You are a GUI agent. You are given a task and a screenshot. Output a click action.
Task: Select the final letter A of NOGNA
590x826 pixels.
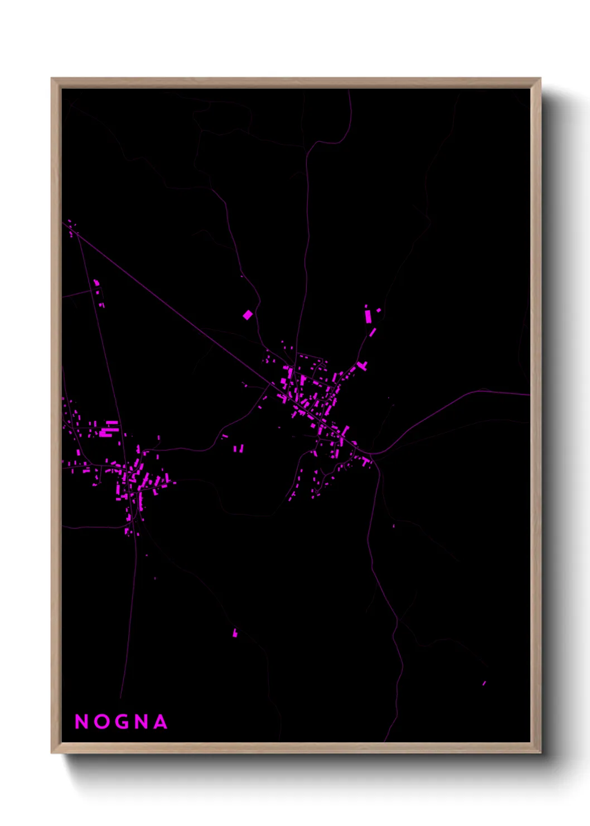[x=160, y=722]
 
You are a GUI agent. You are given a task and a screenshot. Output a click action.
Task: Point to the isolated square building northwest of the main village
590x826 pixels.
[x=248, y=315]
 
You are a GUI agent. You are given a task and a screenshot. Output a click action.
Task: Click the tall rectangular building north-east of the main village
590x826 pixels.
[x=368, y=315]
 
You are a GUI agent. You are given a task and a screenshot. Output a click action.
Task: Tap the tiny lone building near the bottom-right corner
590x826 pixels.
[x=484, y=683]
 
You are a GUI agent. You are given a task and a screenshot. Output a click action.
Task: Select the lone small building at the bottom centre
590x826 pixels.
[x=235, y=632]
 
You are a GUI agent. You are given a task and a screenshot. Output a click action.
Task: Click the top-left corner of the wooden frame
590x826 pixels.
[x=52, y=79]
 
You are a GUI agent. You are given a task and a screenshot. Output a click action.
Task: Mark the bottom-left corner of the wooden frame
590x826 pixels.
[x=52, y=752]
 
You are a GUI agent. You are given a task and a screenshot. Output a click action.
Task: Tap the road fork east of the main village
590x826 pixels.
[x=373, y=454]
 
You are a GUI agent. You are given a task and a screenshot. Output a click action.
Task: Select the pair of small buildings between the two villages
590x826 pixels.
[x=239, y=448]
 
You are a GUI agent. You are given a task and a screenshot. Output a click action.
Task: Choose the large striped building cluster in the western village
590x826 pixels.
[x=109, y=428]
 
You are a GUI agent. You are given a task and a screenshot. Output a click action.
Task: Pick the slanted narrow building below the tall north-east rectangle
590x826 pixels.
[x=373, y=333]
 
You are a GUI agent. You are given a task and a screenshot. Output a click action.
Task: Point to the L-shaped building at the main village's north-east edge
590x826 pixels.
[x=363, y=366]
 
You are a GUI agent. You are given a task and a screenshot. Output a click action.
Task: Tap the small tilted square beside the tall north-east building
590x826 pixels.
[x=379, y=310]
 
